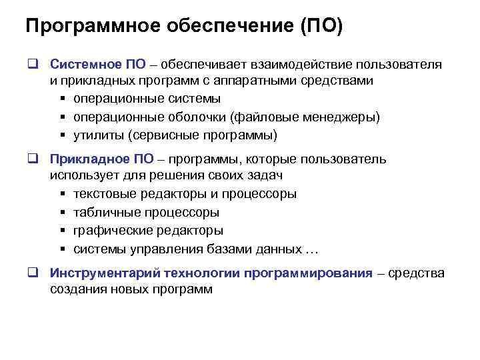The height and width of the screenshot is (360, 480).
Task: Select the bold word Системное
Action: pyautogui.click(x=85, y=65)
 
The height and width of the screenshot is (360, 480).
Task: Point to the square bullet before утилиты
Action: pyautogui.click(x=62, y=136)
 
